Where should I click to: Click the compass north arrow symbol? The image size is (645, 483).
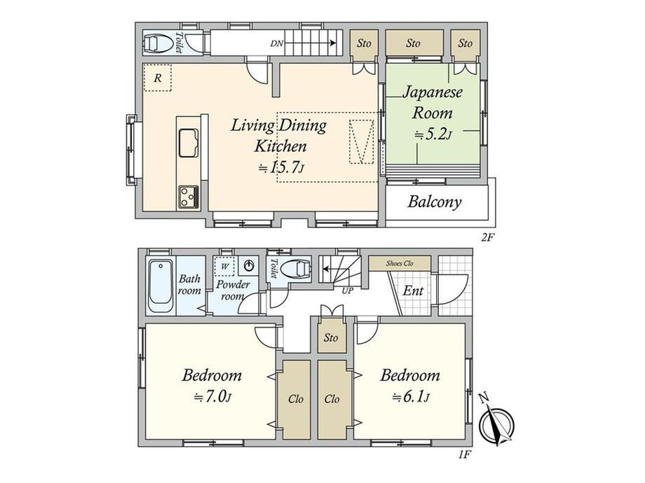(x=496, y=420)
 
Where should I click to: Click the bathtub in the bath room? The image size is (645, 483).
(x=161, y=287)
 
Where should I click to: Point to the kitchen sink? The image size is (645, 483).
(x=189, y=143)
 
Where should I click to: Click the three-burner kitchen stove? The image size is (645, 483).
(x=189, y=197)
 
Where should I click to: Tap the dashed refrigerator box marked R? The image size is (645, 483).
(x=157, y=78)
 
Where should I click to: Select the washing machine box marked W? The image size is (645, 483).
(x=224, y=267)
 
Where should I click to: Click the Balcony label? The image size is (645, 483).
(x=435, y=202)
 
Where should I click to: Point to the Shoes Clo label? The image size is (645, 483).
(x=400, y=263)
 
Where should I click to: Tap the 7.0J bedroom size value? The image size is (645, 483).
(x=212, y=397)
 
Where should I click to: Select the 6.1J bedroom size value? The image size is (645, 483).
(x=411, y=397)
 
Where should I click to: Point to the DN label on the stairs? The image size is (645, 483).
(x=276, y=43)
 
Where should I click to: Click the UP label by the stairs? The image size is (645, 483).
(x=348, y=290)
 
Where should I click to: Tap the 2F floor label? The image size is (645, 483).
(x=487, y=237)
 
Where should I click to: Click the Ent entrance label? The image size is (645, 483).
(x=413, y=290)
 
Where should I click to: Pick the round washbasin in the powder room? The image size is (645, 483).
(x=250, y=266)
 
